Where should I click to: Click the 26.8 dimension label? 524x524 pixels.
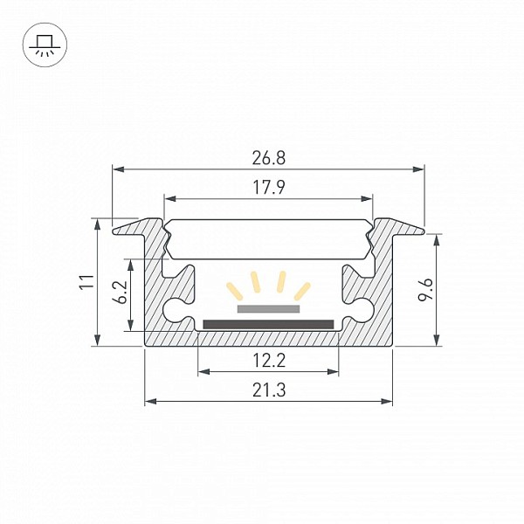click(x=269, y=158)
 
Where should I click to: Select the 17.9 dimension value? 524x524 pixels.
click(x=269, y=188)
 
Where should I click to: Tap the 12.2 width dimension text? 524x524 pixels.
click(x=269, y=361)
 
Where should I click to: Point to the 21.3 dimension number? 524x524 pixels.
click(x=269, y=390)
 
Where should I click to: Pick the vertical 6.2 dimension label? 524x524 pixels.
click(x=120, y=292)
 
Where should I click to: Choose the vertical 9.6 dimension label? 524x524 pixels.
click(x=426, y=290)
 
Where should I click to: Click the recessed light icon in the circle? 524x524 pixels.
click(x=45, y=45)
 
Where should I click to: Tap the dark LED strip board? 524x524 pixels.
click(x=268, y=324)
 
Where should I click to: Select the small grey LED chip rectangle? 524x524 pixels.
click(x=268, y=309)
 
